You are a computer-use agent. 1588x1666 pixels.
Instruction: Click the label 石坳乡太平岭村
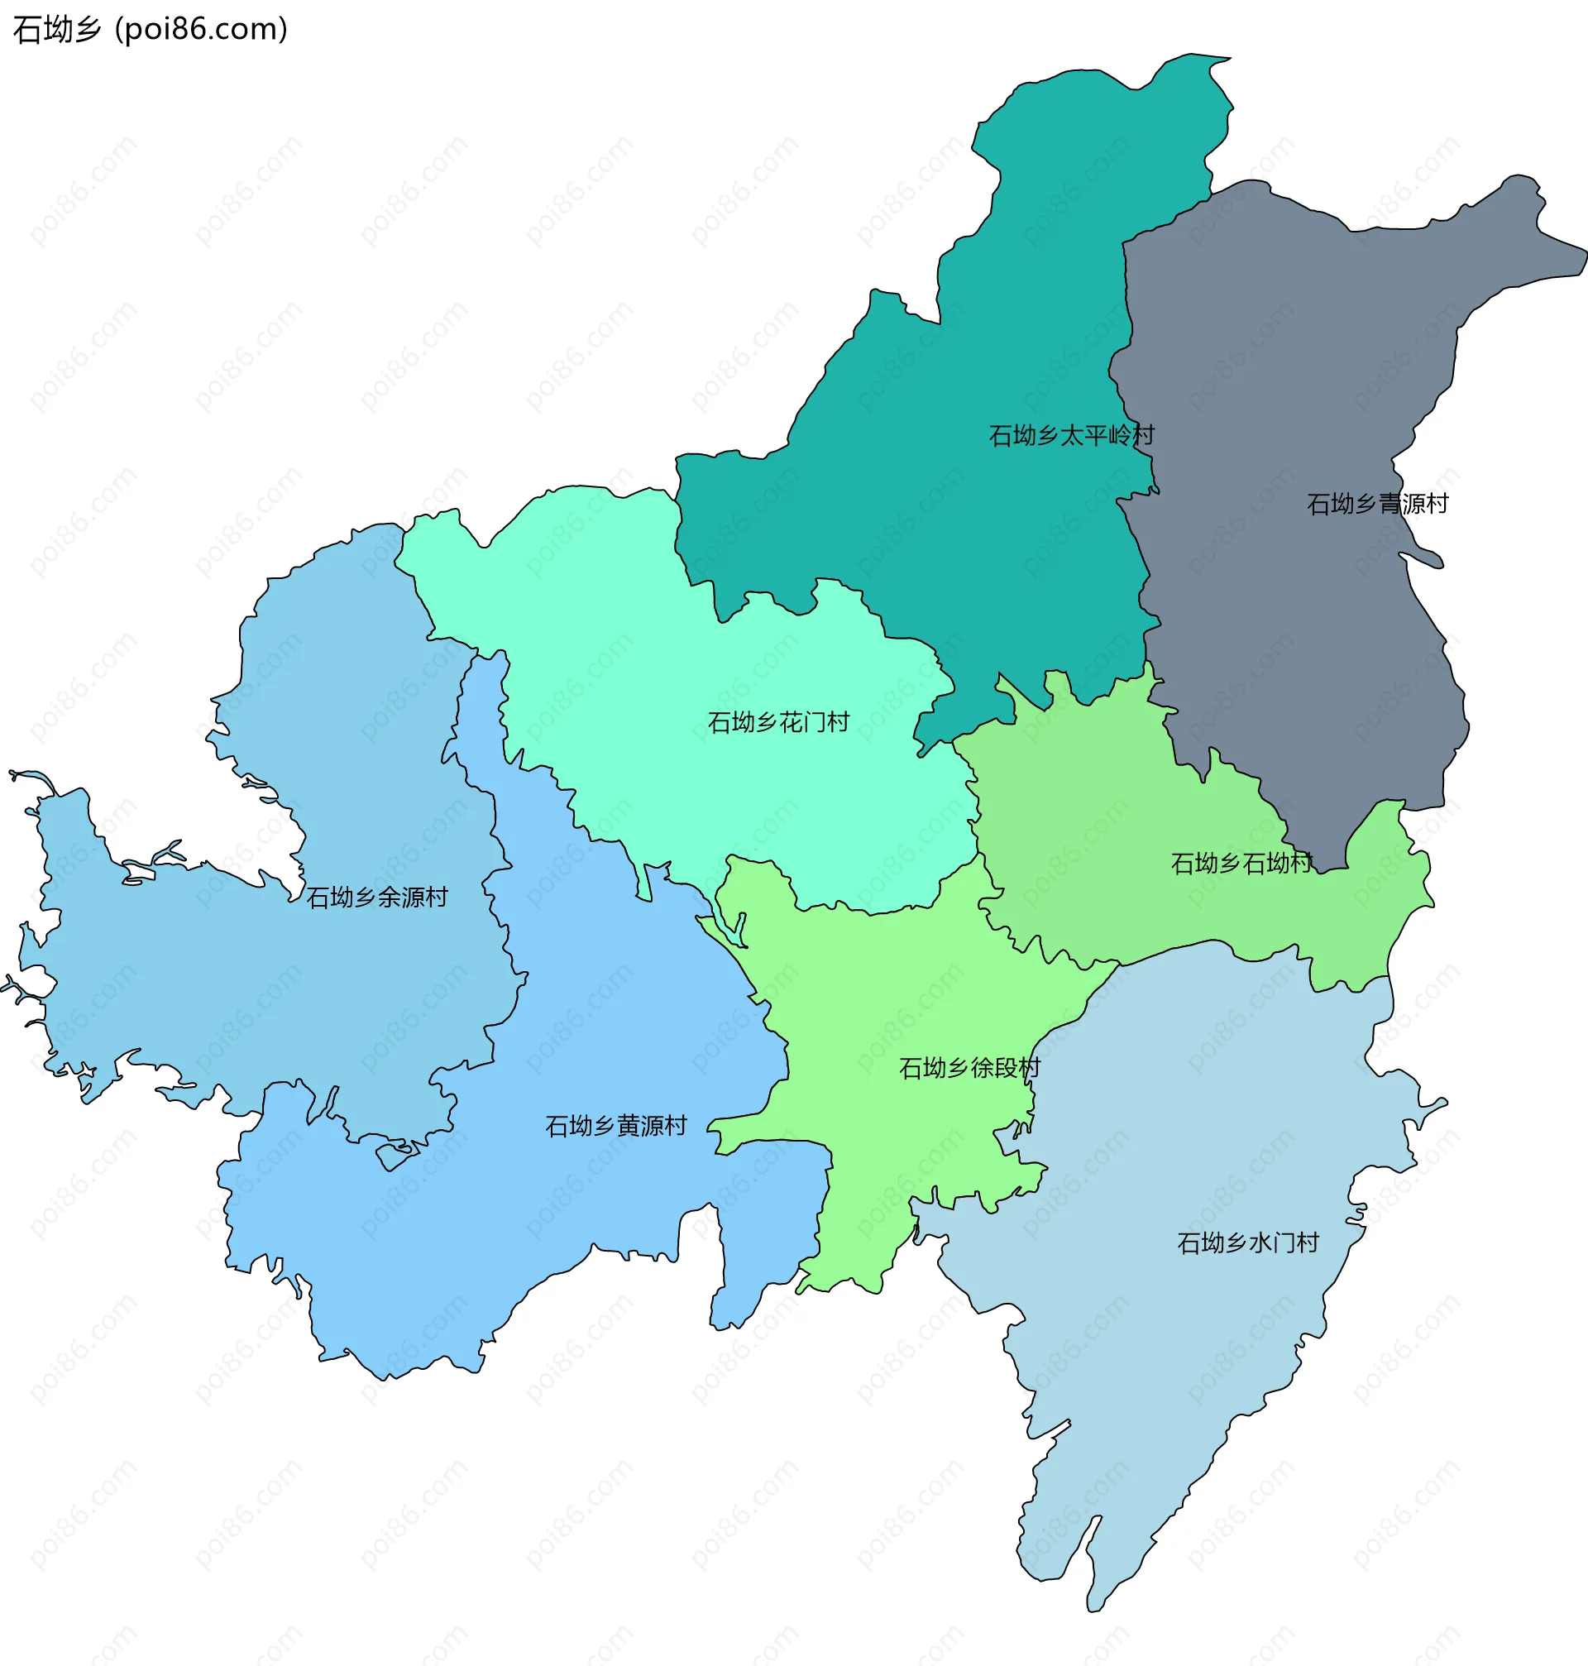[1072, 435]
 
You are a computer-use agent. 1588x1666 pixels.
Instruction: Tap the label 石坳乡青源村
[1377, 504]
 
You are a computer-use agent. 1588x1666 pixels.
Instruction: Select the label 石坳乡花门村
[778, 722]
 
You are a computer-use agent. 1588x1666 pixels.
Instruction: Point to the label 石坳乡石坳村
[1241, 864]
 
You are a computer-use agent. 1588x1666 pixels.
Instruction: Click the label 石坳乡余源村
[376, 898]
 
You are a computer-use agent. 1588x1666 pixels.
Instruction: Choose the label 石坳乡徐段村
[969, 1068]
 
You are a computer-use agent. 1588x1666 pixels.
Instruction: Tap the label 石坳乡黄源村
[615, 1126]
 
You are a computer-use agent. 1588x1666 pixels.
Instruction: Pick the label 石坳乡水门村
[1248, 1242]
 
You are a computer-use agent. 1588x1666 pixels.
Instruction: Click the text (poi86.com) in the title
[202, 30]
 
